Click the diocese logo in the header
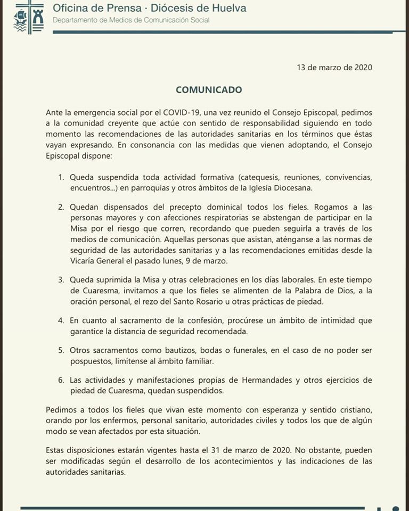pyautogui.click(x=29, y=18)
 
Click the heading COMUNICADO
pyautogui.click(x=209, y=90)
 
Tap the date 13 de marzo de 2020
pyautogui.click(x=334, y=67)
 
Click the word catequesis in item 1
pyautogui.click(x=259, y=176)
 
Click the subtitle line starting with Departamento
pyautogui.click(x=131, y=20)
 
